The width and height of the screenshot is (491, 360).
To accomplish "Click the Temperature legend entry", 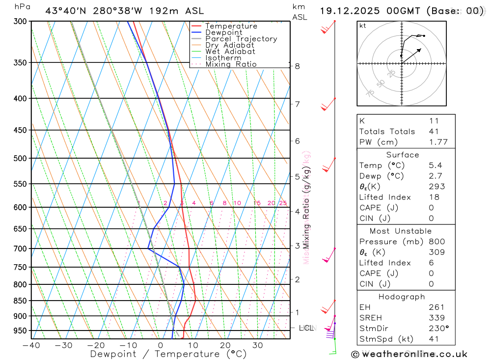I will pos(231,26).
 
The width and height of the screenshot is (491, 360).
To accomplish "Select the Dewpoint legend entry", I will pos(224,32).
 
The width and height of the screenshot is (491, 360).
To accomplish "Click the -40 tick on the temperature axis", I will pos(31,345).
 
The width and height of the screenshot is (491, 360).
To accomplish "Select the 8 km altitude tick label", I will pos(297,66).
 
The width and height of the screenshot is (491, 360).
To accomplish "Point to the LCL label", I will pos(306,328).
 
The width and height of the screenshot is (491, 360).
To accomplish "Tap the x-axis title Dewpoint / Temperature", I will pos(168,354).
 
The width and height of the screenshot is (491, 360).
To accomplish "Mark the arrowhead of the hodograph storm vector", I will pos(421,49).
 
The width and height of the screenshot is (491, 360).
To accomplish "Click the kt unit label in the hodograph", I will pos(363,26).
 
